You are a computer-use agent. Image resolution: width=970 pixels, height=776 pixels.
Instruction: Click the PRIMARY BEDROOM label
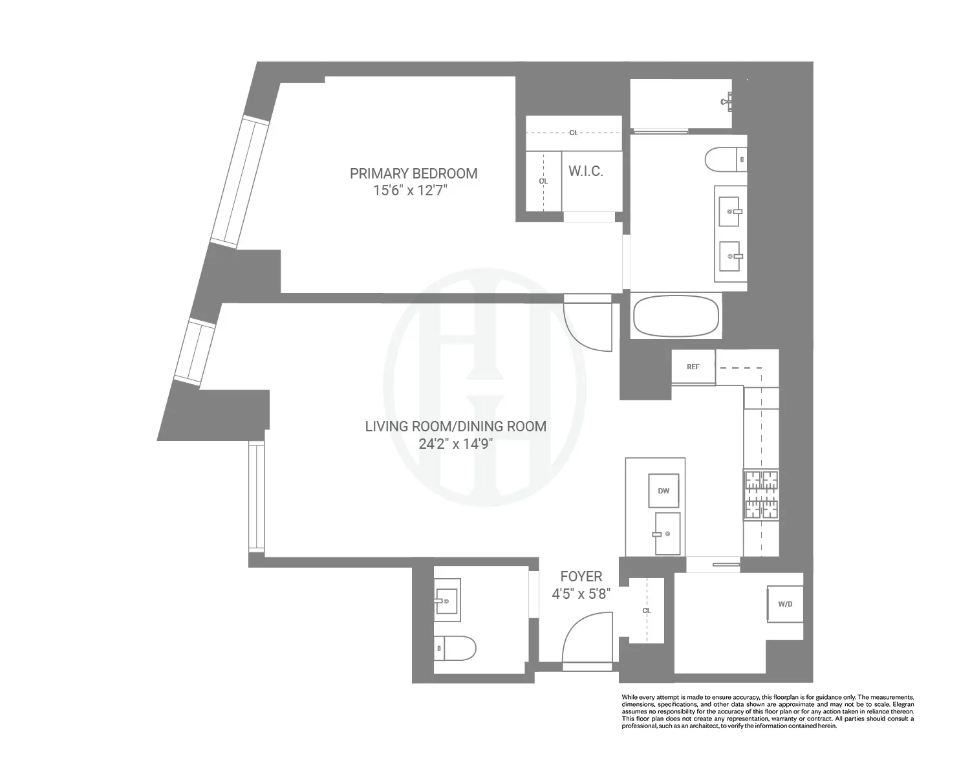[413, 173]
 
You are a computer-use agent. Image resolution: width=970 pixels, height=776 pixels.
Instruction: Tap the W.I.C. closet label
[585, 171]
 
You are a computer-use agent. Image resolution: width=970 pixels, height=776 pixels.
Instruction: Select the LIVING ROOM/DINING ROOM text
[455, 426]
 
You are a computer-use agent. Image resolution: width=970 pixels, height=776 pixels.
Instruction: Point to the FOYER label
[581, 576]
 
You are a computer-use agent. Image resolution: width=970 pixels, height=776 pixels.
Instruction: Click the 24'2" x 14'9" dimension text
[456, 444]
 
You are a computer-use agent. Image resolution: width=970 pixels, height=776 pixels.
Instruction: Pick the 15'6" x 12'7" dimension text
[410, 191]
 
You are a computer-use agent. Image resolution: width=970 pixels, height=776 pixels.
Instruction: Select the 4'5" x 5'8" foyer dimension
[581, 594]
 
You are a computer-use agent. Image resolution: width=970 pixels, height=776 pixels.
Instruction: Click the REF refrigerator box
[693, 367]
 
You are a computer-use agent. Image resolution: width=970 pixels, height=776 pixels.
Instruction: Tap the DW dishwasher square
[663, 491]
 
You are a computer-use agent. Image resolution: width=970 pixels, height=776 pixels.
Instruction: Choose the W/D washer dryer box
[785, 605]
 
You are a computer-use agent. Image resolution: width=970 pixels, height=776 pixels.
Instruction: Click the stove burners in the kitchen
[761, 495]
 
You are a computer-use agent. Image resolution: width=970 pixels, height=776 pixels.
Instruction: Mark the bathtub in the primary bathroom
[676, 316]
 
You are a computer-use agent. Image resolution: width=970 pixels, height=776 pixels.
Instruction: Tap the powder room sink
[447, 600]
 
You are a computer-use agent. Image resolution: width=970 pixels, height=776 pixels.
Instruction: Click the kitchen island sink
[667, 533]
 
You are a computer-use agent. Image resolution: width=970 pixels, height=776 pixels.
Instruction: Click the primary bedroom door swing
[587, 327]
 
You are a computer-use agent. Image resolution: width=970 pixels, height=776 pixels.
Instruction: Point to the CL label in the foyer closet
[647, 610]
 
